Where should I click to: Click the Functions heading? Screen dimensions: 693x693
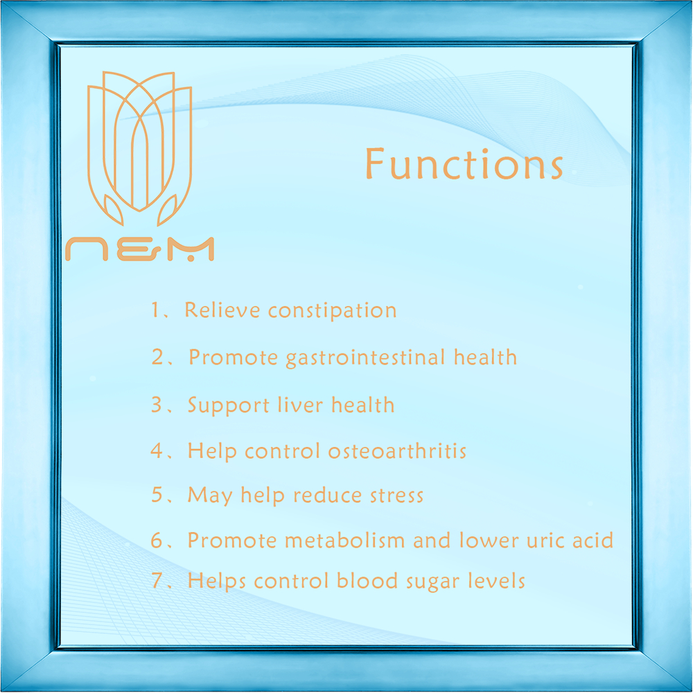[x=464, y=164]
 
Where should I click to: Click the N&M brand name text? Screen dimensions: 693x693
[x=140, y=249]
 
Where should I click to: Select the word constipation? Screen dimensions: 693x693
[x=333, y=310]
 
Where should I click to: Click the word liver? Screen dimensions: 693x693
[x=300, y=405]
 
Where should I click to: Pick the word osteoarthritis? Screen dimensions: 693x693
[x=397, y=451]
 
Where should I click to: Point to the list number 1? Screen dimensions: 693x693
[x=155, y=310]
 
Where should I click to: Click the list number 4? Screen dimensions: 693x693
[x=157, y=450]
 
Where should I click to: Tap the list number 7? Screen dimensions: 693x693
[x=157, y=581]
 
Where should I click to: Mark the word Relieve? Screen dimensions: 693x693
[x=222, y=310]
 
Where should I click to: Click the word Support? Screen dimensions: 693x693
[x=229, y=405]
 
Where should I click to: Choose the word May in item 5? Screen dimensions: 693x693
[x=210, y=495]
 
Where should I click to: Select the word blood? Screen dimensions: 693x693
[x=367, y=581]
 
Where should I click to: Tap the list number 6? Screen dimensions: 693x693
[x=157, y=540]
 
